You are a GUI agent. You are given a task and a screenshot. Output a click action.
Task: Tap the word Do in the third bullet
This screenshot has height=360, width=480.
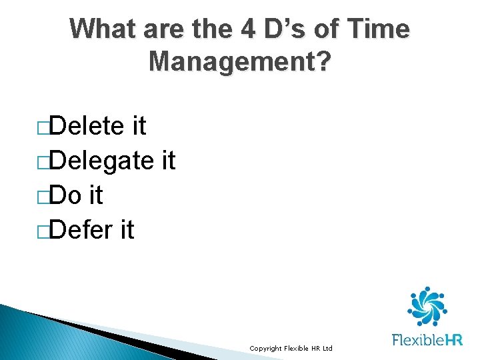(x=66, y=195)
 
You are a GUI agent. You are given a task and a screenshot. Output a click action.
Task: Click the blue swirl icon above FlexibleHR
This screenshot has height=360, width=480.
(x=427, y=306)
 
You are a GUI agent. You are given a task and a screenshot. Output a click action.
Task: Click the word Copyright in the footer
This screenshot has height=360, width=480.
(x=265, y=349)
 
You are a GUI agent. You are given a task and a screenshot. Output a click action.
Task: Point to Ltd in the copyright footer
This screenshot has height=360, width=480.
(x=327, y=349)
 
